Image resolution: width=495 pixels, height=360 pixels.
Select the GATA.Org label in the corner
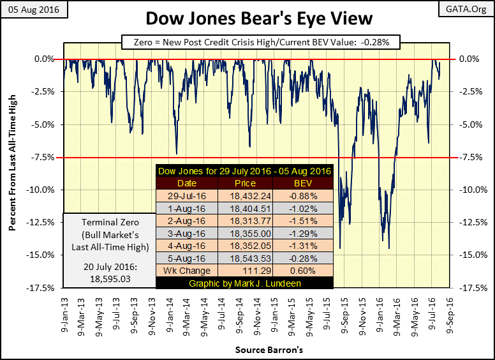coord(471,10)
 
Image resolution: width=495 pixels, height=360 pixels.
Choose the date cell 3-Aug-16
coord(187,233)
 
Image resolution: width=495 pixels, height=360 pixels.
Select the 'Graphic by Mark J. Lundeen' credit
coord(245,282)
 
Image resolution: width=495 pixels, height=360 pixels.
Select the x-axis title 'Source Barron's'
coord(260,350)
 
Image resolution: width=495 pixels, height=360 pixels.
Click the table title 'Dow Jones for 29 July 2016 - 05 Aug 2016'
coord(245,171)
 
